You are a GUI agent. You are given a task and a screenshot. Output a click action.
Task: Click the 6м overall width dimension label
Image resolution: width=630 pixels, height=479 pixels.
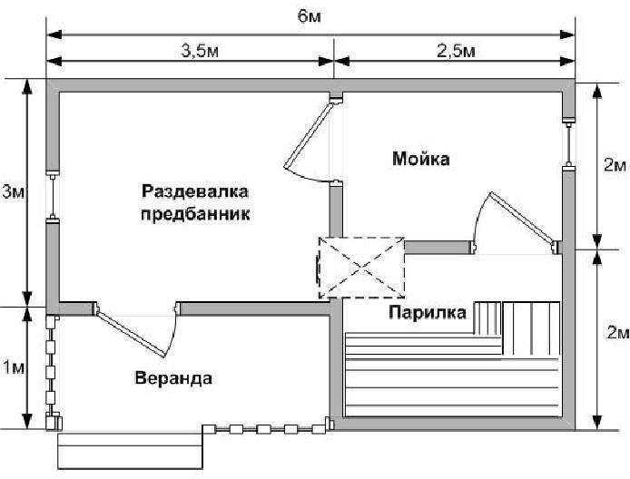tap(309, 16)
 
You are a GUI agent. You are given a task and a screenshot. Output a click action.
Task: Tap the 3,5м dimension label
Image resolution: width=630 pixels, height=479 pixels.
tap(200, 51)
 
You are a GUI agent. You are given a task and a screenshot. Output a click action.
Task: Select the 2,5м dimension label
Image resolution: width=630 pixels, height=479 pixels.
tap(456, 51)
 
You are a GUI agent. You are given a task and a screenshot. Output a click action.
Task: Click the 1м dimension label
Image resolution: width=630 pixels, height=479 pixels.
tap(14, 367)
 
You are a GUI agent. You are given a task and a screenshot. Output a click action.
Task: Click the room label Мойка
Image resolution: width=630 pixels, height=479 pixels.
tap(420, 159)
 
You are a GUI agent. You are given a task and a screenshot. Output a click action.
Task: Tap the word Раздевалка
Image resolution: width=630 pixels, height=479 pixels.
tap(195, 191)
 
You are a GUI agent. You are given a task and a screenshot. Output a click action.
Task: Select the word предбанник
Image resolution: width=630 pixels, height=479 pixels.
tap(195, 213)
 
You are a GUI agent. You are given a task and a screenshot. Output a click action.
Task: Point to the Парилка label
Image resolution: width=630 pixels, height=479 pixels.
tap(428, 312)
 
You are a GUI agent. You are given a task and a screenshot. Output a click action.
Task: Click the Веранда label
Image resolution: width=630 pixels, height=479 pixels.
tap(173, 378)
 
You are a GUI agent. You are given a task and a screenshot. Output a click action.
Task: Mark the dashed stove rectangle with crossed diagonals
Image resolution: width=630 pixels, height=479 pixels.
tap(361, 268)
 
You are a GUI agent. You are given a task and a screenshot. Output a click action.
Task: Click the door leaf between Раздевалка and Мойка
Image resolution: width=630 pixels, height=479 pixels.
tap(309, 135)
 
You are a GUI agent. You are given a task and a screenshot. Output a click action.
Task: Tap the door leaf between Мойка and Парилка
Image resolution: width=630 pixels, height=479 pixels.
tap(521, 220)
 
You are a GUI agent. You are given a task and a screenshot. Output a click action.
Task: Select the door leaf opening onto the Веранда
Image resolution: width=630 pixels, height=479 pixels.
tap(131, 332)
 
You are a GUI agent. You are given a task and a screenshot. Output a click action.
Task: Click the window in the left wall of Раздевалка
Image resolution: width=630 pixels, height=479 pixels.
tap(53, 197)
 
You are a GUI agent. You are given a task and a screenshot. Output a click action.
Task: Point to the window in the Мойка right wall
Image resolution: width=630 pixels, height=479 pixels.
tap(568, 143)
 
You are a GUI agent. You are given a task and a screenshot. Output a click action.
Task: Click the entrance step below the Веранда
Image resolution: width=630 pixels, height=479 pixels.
tap(130, 451)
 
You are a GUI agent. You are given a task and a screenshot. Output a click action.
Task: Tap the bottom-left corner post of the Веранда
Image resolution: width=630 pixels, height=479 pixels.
tap(54, 422)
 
